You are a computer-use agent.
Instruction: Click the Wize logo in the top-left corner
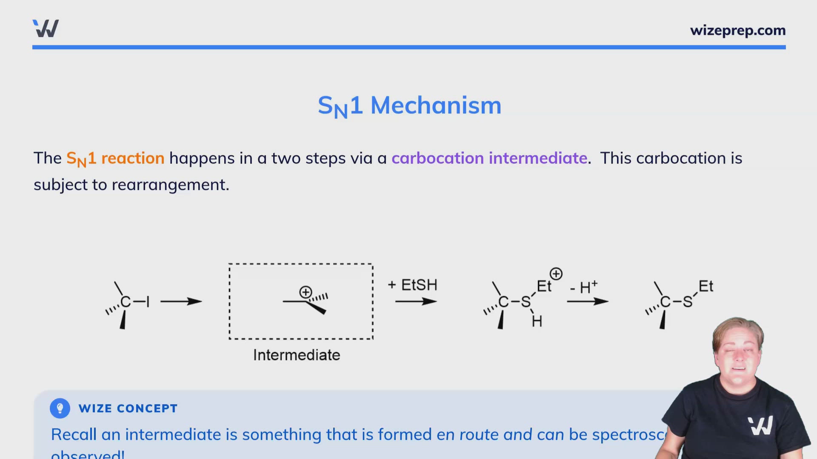(x=46, y=28)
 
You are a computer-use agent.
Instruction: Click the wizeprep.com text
(x=737, y=31)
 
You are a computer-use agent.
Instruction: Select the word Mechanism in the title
(x=436, y=105)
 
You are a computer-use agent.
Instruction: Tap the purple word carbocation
(x=437, y=159)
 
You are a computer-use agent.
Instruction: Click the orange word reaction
(x=133, y=159)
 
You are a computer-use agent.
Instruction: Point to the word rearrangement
(x=170, y=185)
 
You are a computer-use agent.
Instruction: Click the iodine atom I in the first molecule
(x=148, y=302)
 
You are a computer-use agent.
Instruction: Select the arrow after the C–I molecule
(x=181, y=301)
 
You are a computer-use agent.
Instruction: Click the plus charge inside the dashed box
(x=306, y=292)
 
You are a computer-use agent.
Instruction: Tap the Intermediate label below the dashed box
(x=297, y=355)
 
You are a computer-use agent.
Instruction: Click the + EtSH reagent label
(x=412, y=285)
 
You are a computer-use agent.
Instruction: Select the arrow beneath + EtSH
(x=416, y=301)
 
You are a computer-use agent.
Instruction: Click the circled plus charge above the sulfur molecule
(x=556, y=274)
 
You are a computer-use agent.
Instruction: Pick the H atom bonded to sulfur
(x=537, y=322)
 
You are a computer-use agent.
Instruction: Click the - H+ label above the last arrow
(x=584, y=287)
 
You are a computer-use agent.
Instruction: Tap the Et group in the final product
(x=706, y=286)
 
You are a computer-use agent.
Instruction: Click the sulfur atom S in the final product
(x=688, y=302)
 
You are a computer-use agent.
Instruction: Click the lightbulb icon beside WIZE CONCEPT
(x=60, y=408)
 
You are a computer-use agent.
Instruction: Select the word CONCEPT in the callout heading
(x=147, y=408)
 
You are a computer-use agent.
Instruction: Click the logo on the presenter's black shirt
(x=760, y=425)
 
